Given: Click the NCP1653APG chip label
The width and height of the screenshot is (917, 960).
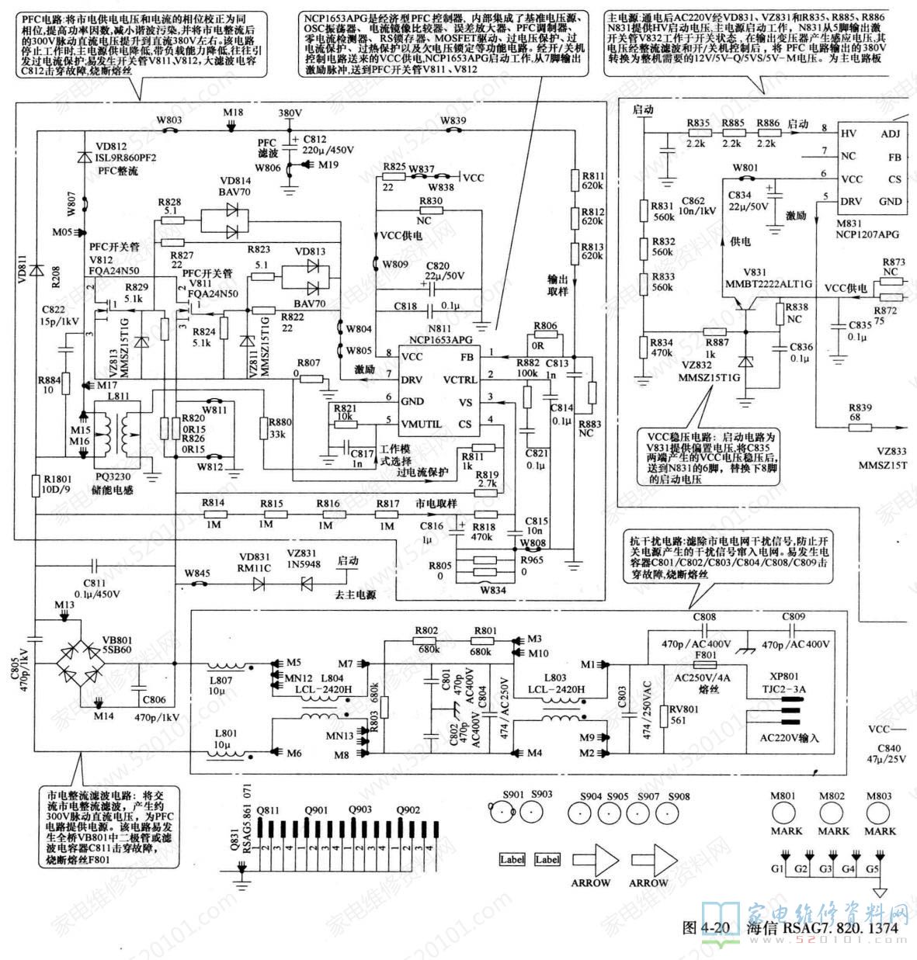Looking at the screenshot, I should [439, 339].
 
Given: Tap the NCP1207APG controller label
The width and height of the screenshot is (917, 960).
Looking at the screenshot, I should [867, 234].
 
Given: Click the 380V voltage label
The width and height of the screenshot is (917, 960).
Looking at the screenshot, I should [290, 113].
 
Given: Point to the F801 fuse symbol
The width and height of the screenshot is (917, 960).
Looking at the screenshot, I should [706, 665].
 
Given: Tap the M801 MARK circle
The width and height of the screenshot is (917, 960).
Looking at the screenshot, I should [785, 813].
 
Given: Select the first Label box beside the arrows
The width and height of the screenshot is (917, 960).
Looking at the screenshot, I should [512, 859].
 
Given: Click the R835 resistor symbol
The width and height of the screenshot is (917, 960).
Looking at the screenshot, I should [699, 133].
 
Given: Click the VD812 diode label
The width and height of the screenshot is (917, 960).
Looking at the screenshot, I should [111, 146].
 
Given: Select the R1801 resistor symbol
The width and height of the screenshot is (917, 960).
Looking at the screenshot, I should [36, 485].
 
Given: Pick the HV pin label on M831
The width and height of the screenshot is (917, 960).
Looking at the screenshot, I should [849, 133].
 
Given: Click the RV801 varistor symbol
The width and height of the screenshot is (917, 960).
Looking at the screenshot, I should [662, 716].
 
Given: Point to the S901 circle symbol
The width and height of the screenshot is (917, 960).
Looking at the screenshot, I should [501, 813].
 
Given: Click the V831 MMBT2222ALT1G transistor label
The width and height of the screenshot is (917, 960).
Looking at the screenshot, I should [756, 278].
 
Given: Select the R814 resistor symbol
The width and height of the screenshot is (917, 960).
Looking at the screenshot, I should [213, 514].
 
